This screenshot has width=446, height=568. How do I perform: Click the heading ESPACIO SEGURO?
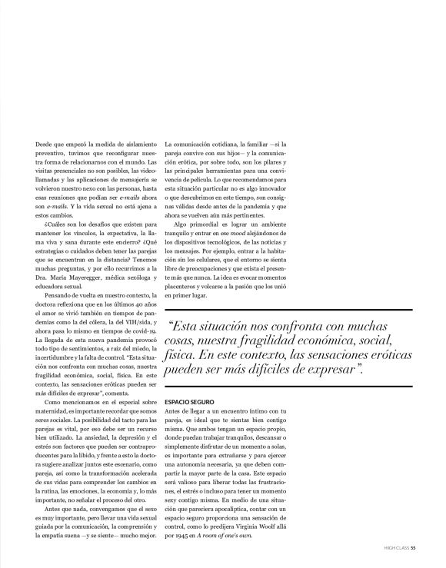coord(190,401)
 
